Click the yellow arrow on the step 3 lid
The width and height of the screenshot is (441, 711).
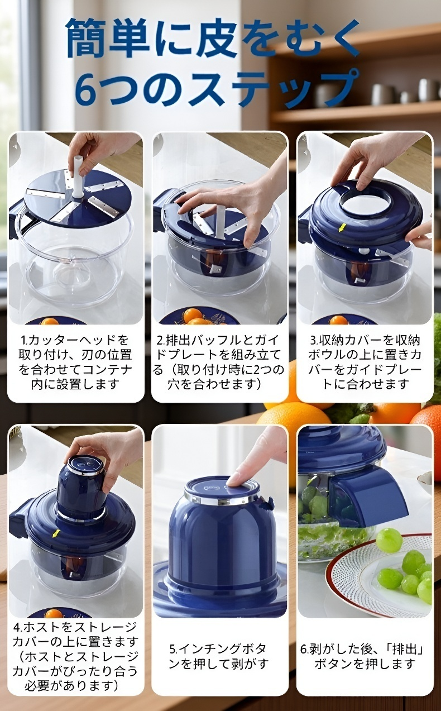pyautogui.click(x=342, y=227)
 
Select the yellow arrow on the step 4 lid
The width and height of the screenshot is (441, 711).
pyautogui.click(x=56, y=533)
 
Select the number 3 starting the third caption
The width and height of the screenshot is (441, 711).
pyautogui.click(x=313, y=341)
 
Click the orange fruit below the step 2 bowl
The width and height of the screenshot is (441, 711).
pyautogui.click(x=191, y=316)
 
